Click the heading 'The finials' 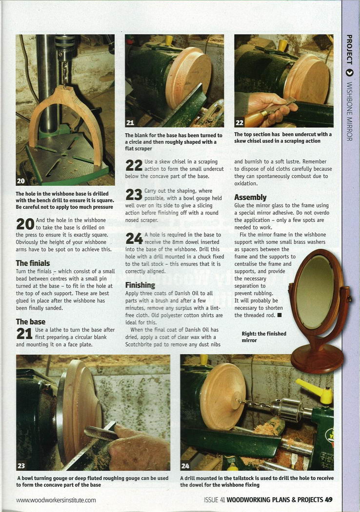(33, 263)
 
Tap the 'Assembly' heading (250, 197)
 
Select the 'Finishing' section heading (140, 285)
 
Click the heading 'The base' (31, 322)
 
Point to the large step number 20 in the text (25, 224)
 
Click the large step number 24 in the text (134, 238)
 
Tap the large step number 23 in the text (134, 195)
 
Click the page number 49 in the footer (329, 500)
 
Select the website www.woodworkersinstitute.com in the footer (56, 500)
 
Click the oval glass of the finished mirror (314, 292)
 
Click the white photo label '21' (130, 123)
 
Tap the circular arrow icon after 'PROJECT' (349, 73)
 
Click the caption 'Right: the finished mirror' (264, 337)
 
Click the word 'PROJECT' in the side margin (349, 49)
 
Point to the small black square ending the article (280, 315)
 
